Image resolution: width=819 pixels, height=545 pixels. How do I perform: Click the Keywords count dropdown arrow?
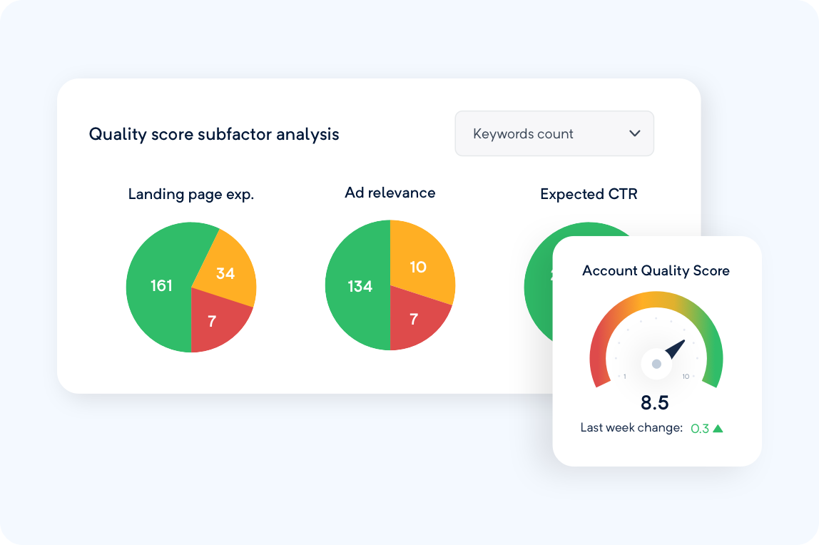pos(634,134)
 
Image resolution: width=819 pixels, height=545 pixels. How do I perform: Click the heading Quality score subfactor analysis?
pos(214,134)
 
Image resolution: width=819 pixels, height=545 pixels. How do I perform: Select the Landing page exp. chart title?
pos(191,194)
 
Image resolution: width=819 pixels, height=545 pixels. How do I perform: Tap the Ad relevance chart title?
pos(390,193)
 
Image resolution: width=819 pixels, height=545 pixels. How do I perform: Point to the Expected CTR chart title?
pos(589,194)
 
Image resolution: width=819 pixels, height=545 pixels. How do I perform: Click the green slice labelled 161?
pos(161,286)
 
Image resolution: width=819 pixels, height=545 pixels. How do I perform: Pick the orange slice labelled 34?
pos(225,272)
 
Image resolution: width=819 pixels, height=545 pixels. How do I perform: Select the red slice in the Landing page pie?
pos(213,321)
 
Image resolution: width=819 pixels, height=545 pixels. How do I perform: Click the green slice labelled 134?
pos(360,286)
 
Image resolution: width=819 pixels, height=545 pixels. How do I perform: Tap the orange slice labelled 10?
pos(418,267)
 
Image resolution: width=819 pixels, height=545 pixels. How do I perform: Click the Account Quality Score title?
pos(656,271)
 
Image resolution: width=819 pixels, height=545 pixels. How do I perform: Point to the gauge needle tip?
pos(683,342)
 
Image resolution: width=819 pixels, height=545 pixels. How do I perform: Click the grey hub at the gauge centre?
pos(656,365)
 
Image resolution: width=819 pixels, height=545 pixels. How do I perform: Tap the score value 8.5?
pos(654,403)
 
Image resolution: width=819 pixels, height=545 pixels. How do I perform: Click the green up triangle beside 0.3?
pos(718,429)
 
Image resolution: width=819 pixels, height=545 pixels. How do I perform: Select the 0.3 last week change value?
pos(700,429)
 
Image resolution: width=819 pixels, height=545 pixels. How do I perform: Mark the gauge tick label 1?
pos(625,377)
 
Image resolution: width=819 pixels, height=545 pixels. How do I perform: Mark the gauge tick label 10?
pos(686,377)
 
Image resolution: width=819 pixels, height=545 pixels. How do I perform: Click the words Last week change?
pos(631,428)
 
